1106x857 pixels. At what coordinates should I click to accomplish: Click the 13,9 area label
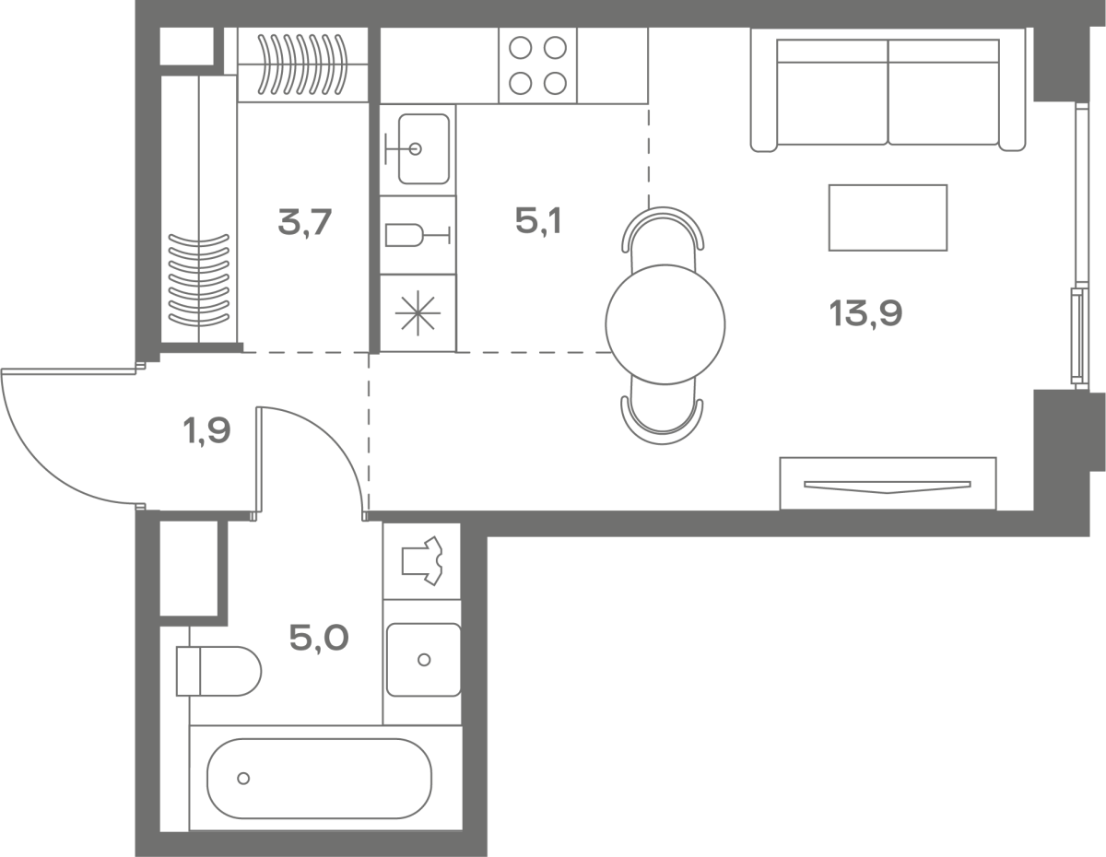865,313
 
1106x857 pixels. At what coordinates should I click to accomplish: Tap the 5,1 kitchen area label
538,221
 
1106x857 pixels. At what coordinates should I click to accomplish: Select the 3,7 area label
305,222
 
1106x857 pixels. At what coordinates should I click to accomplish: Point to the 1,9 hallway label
206,431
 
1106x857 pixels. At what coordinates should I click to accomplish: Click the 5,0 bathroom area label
319,638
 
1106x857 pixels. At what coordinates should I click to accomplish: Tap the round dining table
665,324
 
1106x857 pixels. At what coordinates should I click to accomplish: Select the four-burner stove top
538,65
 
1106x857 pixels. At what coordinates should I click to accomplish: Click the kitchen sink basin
423,148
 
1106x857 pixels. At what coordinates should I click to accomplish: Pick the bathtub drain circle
243,778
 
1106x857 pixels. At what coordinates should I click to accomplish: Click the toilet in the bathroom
218,671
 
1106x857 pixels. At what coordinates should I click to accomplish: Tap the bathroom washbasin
423,660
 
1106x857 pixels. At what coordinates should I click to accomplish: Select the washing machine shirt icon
422,561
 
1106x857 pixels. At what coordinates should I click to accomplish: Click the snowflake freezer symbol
418,313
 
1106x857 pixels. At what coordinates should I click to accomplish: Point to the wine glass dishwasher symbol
418,235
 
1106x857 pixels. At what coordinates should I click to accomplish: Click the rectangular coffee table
888,217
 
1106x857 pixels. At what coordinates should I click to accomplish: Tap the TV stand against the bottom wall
888,484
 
